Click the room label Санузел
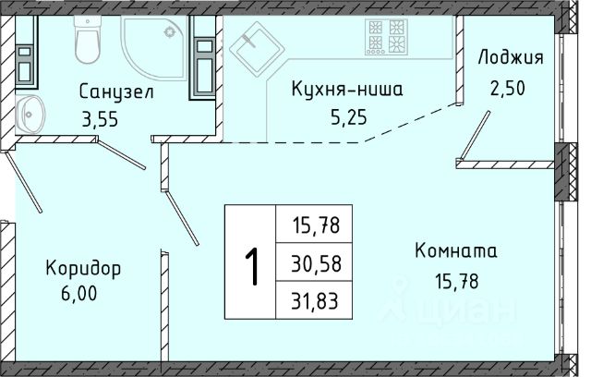(115, 92)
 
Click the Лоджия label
(511, 59)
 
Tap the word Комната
(456, 251)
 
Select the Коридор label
(84, 269)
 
